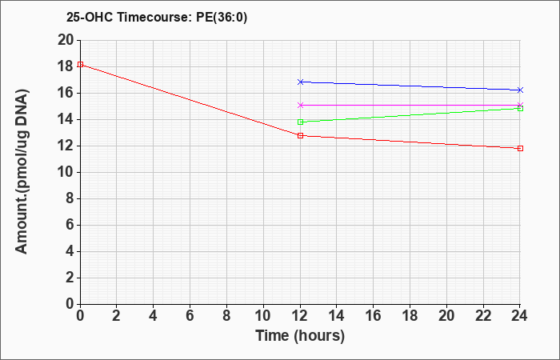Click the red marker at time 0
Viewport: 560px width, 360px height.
point(80,64)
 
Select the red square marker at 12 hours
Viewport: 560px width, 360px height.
point(300,136)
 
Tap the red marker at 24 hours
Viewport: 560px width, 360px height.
point(520,148)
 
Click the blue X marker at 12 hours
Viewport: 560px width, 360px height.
point(300,82)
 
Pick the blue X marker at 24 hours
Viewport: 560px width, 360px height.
point(520,90)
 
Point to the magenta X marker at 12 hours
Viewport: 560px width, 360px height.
point(300,105)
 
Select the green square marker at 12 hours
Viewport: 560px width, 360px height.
point(300,122)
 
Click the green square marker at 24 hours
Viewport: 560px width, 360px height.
point(520,109)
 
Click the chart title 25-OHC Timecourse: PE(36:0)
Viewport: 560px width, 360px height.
point(157,17)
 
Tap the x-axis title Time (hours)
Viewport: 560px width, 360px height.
point(300,336)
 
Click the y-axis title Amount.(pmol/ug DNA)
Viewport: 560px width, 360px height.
point(22,172)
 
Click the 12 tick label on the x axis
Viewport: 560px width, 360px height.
point(300,316)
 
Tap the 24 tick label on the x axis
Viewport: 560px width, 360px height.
point(519,316)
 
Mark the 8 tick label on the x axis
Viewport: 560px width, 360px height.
point(226,316)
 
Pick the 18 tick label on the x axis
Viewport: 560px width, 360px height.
point(410,316)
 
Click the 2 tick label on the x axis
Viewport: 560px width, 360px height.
point(117,316)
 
